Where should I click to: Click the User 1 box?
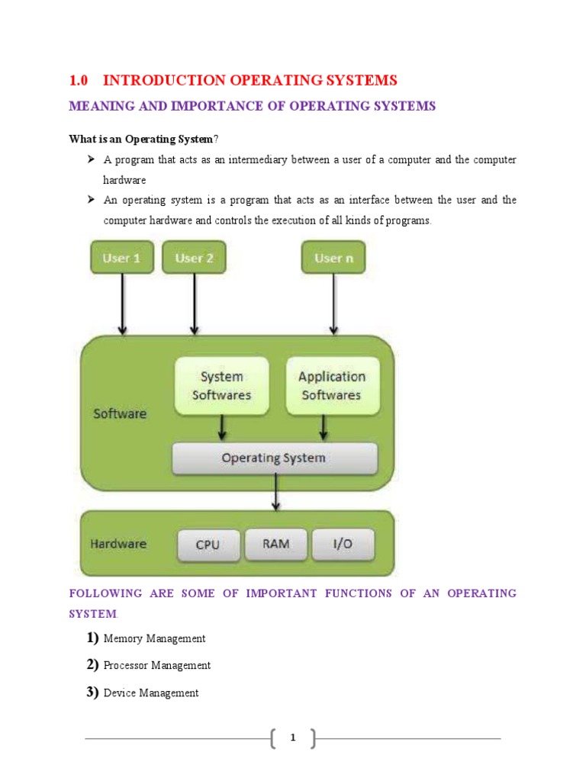coord(122,258)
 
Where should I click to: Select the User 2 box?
coord(195,258)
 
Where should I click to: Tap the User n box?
coord(333,258)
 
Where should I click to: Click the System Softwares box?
coord(221,386)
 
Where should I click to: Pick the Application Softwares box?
coord(332,386)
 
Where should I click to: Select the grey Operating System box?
coord(274,458)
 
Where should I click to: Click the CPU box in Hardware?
coord(208,545)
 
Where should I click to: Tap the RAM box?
coord(275,544)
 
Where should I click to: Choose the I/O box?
coord(343,544)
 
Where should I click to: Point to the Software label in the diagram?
coord(120,413)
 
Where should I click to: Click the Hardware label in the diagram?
coord(118,544)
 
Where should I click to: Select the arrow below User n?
coord(333,304)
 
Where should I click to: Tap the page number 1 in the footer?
coord(293,738)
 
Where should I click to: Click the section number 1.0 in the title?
coord(79,81)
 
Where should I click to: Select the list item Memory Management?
coord(155,638)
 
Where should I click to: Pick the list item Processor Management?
coord(157,665)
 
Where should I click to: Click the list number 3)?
coord(92,692)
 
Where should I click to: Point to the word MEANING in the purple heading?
coord(95,106)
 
